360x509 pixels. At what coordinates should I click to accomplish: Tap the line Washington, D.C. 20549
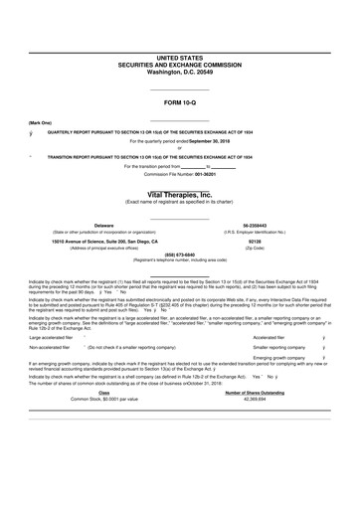180,73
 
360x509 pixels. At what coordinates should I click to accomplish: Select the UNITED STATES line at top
180,60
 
